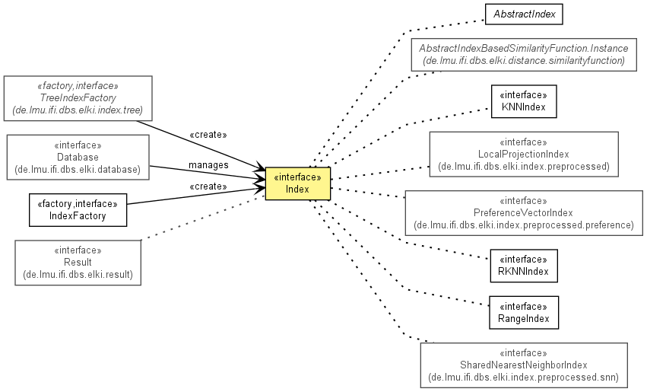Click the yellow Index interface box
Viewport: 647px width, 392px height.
tap(297, 183)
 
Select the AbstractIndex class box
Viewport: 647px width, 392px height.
tap(524, 14)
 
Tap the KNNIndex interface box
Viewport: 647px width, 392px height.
tap(524, 101)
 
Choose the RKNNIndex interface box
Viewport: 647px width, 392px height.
tap(524, 266)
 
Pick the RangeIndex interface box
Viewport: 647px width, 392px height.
tap(524, 313)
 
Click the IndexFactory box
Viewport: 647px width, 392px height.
tap(78, 210)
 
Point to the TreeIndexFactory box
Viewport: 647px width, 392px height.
tap(78, 98)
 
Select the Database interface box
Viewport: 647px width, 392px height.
tap(78, 158)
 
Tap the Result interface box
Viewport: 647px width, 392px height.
tap(78, 263)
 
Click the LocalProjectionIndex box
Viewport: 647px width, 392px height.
tap(524, 155)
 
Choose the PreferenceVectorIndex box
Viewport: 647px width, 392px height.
tap(524, 213)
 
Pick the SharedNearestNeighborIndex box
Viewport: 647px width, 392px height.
tap(524, 365)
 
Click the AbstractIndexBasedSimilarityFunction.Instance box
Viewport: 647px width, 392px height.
tap(524, 55)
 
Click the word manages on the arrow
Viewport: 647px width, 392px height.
tap(208, 165)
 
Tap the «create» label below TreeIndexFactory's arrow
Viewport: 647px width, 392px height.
tap(208, 135)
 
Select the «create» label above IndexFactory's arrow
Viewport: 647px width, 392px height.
tap(208, 186)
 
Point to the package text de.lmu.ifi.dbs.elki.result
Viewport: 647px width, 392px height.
tap(78, 275)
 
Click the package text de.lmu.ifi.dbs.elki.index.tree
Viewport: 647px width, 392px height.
tap(78, 110)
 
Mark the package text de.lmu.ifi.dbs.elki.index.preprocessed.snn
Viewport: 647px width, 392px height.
tap(524, 377)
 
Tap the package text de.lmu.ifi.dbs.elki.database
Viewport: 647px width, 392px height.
tap(78, 169)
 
